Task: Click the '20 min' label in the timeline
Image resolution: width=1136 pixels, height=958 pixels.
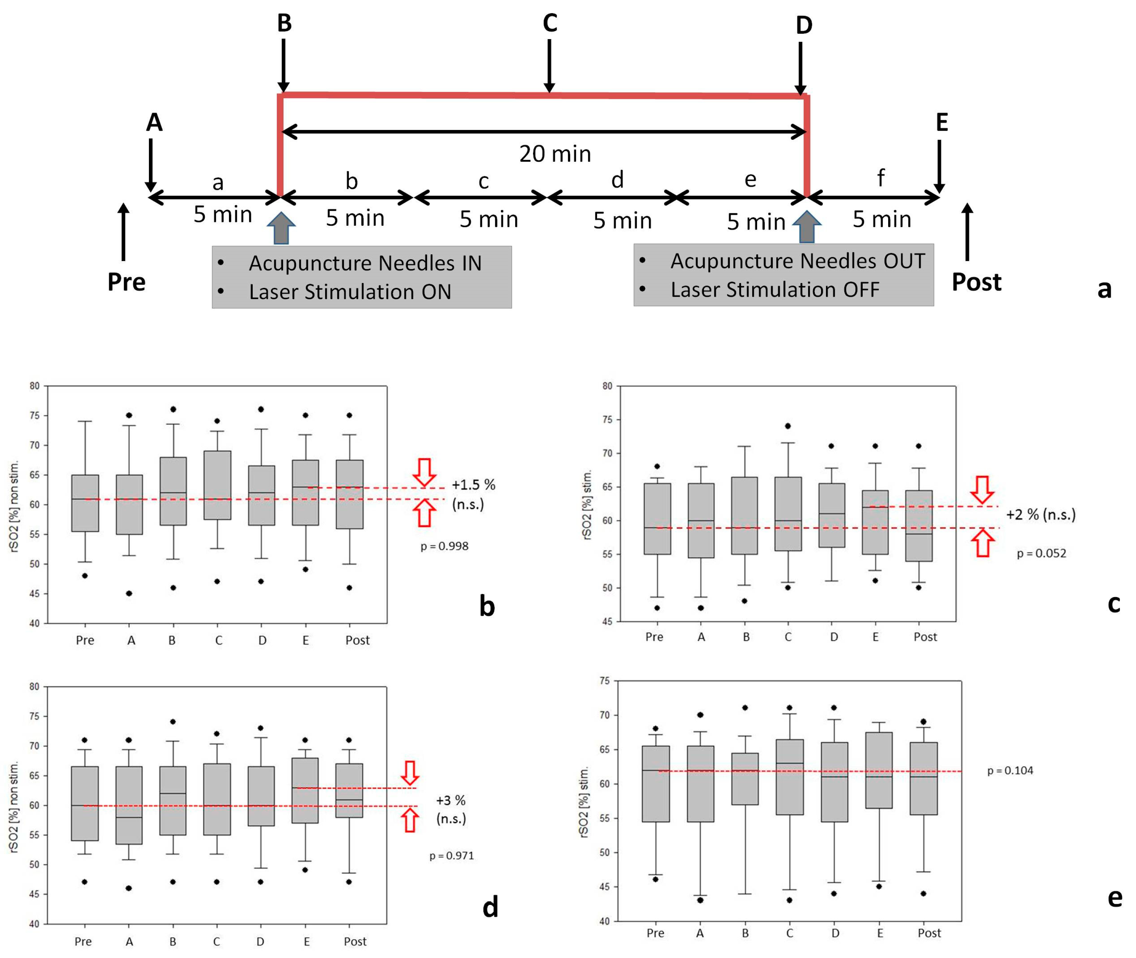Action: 555,154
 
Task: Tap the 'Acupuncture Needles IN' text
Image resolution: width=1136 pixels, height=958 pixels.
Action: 365,263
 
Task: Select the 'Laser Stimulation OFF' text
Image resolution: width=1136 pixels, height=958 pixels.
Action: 775,290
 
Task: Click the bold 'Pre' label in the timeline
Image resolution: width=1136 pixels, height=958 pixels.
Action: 127,282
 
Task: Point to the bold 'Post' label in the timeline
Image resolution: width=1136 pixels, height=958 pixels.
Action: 976,282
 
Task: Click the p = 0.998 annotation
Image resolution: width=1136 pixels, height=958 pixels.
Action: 444,546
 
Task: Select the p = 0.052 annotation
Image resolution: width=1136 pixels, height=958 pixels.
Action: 1042,553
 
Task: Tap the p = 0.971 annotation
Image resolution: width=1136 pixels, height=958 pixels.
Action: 452,855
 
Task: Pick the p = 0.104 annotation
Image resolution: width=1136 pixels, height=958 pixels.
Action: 1010,770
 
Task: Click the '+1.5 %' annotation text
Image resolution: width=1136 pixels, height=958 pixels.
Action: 473,485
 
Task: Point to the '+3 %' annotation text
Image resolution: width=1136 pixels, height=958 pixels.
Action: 450,800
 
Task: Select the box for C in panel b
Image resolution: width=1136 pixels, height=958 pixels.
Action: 217,485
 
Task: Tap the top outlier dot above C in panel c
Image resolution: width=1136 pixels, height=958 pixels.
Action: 788,426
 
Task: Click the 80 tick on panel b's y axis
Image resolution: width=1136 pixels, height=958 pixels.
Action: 35,386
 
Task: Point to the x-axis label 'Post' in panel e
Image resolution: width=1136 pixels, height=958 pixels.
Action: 929,933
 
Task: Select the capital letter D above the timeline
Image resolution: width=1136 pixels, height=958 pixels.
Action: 804,25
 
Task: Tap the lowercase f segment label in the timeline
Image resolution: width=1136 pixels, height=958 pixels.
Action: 880,177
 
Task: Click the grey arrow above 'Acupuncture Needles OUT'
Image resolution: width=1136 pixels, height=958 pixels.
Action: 807,226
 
